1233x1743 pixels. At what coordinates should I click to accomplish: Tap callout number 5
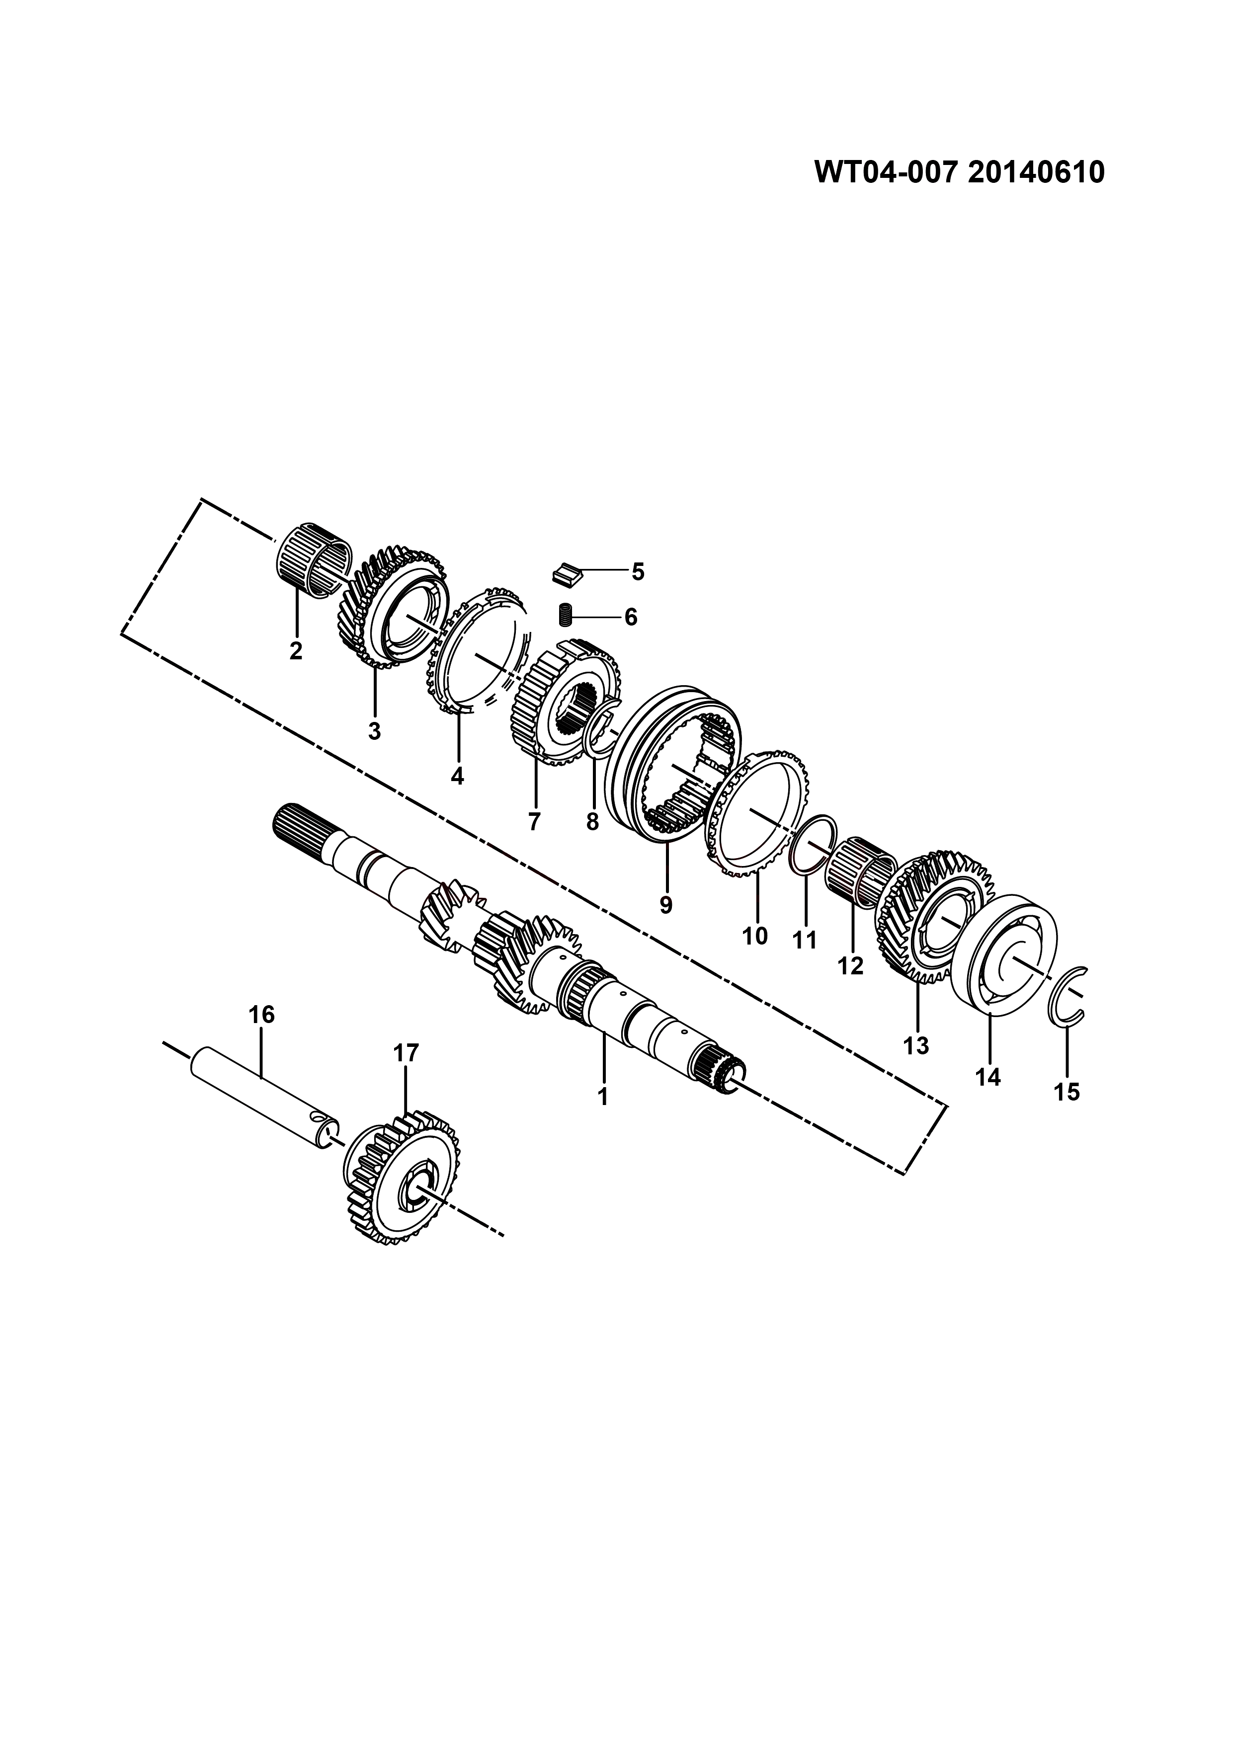tap(638, 571)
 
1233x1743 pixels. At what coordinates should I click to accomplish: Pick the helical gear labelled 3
tap(393, 607)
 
